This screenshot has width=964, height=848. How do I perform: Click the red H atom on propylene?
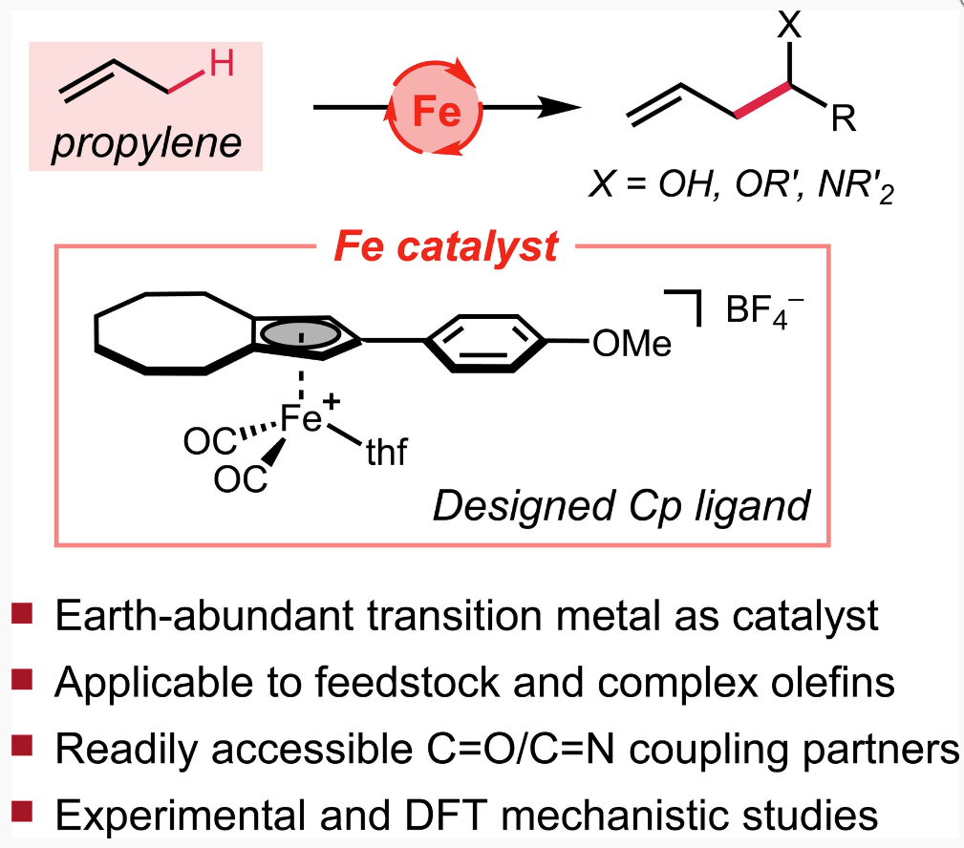221,66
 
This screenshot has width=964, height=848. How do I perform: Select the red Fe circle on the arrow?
436,113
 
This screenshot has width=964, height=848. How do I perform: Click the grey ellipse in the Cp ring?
300,334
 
